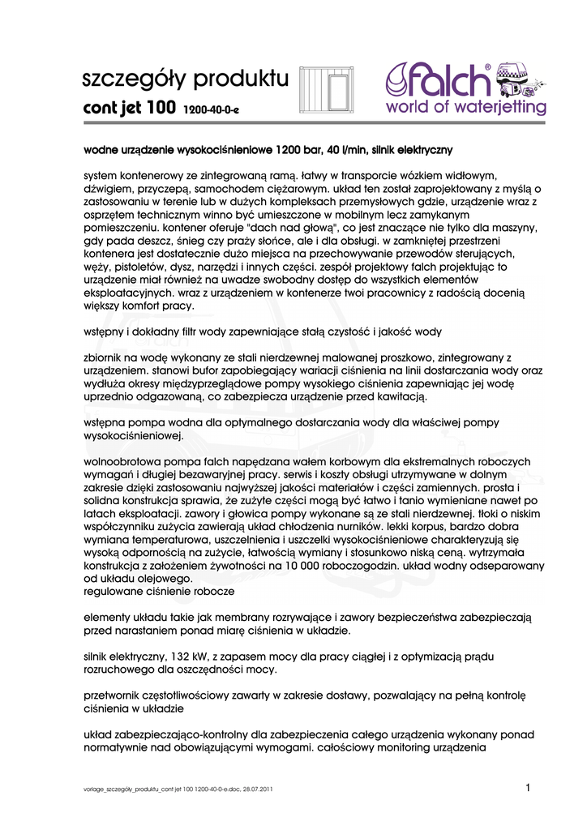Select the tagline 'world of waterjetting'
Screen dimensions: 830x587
[465, 107]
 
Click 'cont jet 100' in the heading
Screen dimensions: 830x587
[130, 108]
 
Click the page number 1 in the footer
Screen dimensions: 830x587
[528, 788]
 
